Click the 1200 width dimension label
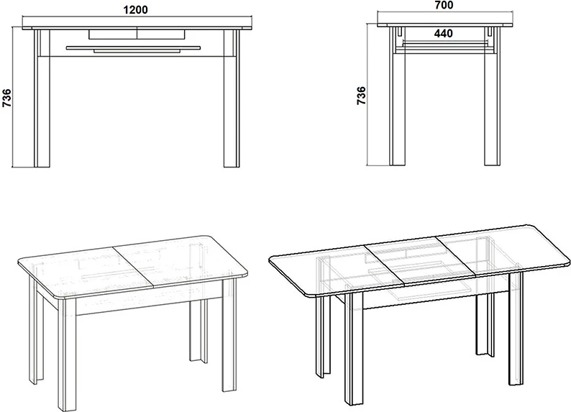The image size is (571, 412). coord(136,10)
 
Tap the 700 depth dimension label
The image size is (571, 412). coord(444,5)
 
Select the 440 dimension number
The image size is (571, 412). coord(444,34)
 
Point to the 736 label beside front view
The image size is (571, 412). coord(7,98)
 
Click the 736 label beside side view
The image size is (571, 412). coord(361,96)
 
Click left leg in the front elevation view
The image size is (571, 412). coord(42,99)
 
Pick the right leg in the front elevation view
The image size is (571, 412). coord(232,99)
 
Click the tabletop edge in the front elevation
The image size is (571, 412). coord(137,27)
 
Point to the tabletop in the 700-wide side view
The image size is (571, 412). coord(445,25)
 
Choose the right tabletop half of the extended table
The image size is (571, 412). coord(503,251)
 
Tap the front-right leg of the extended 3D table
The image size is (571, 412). coord(516,329)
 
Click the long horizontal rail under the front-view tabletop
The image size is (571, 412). coord(133,47)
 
